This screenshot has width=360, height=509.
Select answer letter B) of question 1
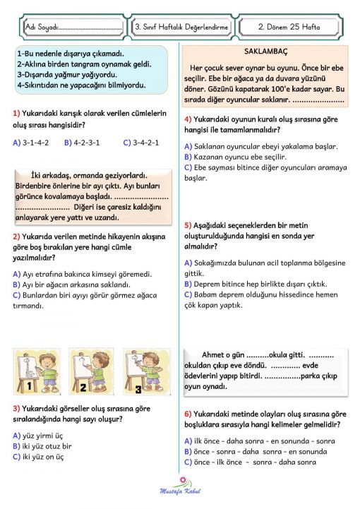click(67, 142)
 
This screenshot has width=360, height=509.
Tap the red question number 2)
click(16, 236)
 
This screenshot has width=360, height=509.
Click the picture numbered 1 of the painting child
click(37, 371)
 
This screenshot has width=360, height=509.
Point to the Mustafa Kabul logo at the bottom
click(181, 488)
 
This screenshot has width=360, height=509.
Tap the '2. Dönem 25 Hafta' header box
click(289, 27)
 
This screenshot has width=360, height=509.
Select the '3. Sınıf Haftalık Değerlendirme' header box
click(181, 27)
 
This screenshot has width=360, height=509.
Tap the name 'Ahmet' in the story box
click(214, 354)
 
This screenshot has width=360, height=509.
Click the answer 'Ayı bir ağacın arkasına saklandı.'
click(78, 285)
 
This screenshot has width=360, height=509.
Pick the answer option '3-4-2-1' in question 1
click(145, 142)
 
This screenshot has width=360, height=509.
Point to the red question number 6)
click(188, 414)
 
